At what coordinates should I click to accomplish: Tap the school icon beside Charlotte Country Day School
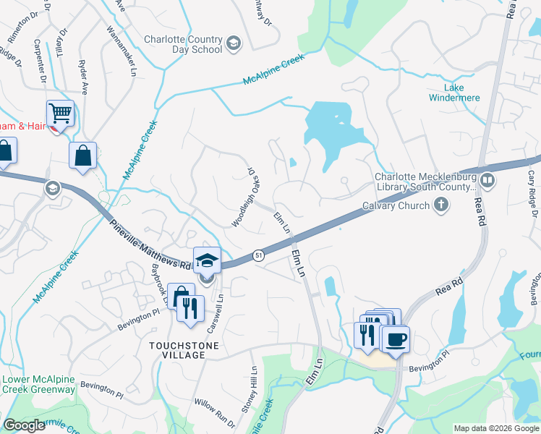(233, 44)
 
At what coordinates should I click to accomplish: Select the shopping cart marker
(61, 114)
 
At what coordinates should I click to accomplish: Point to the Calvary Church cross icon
(440, 205)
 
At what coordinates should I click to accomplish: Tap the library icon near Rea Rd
(488, 179)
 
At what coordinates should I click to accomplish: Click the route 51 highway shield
(257, 255)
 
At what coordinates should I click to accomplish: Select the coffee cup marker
(394, 339)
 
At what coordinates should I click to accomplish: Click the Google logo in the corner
(24, 425)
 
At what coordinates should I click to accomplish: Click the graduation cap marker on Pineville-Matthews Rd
(207, 260)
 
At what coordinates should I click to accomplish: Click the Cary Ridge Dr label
(532, 192)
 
